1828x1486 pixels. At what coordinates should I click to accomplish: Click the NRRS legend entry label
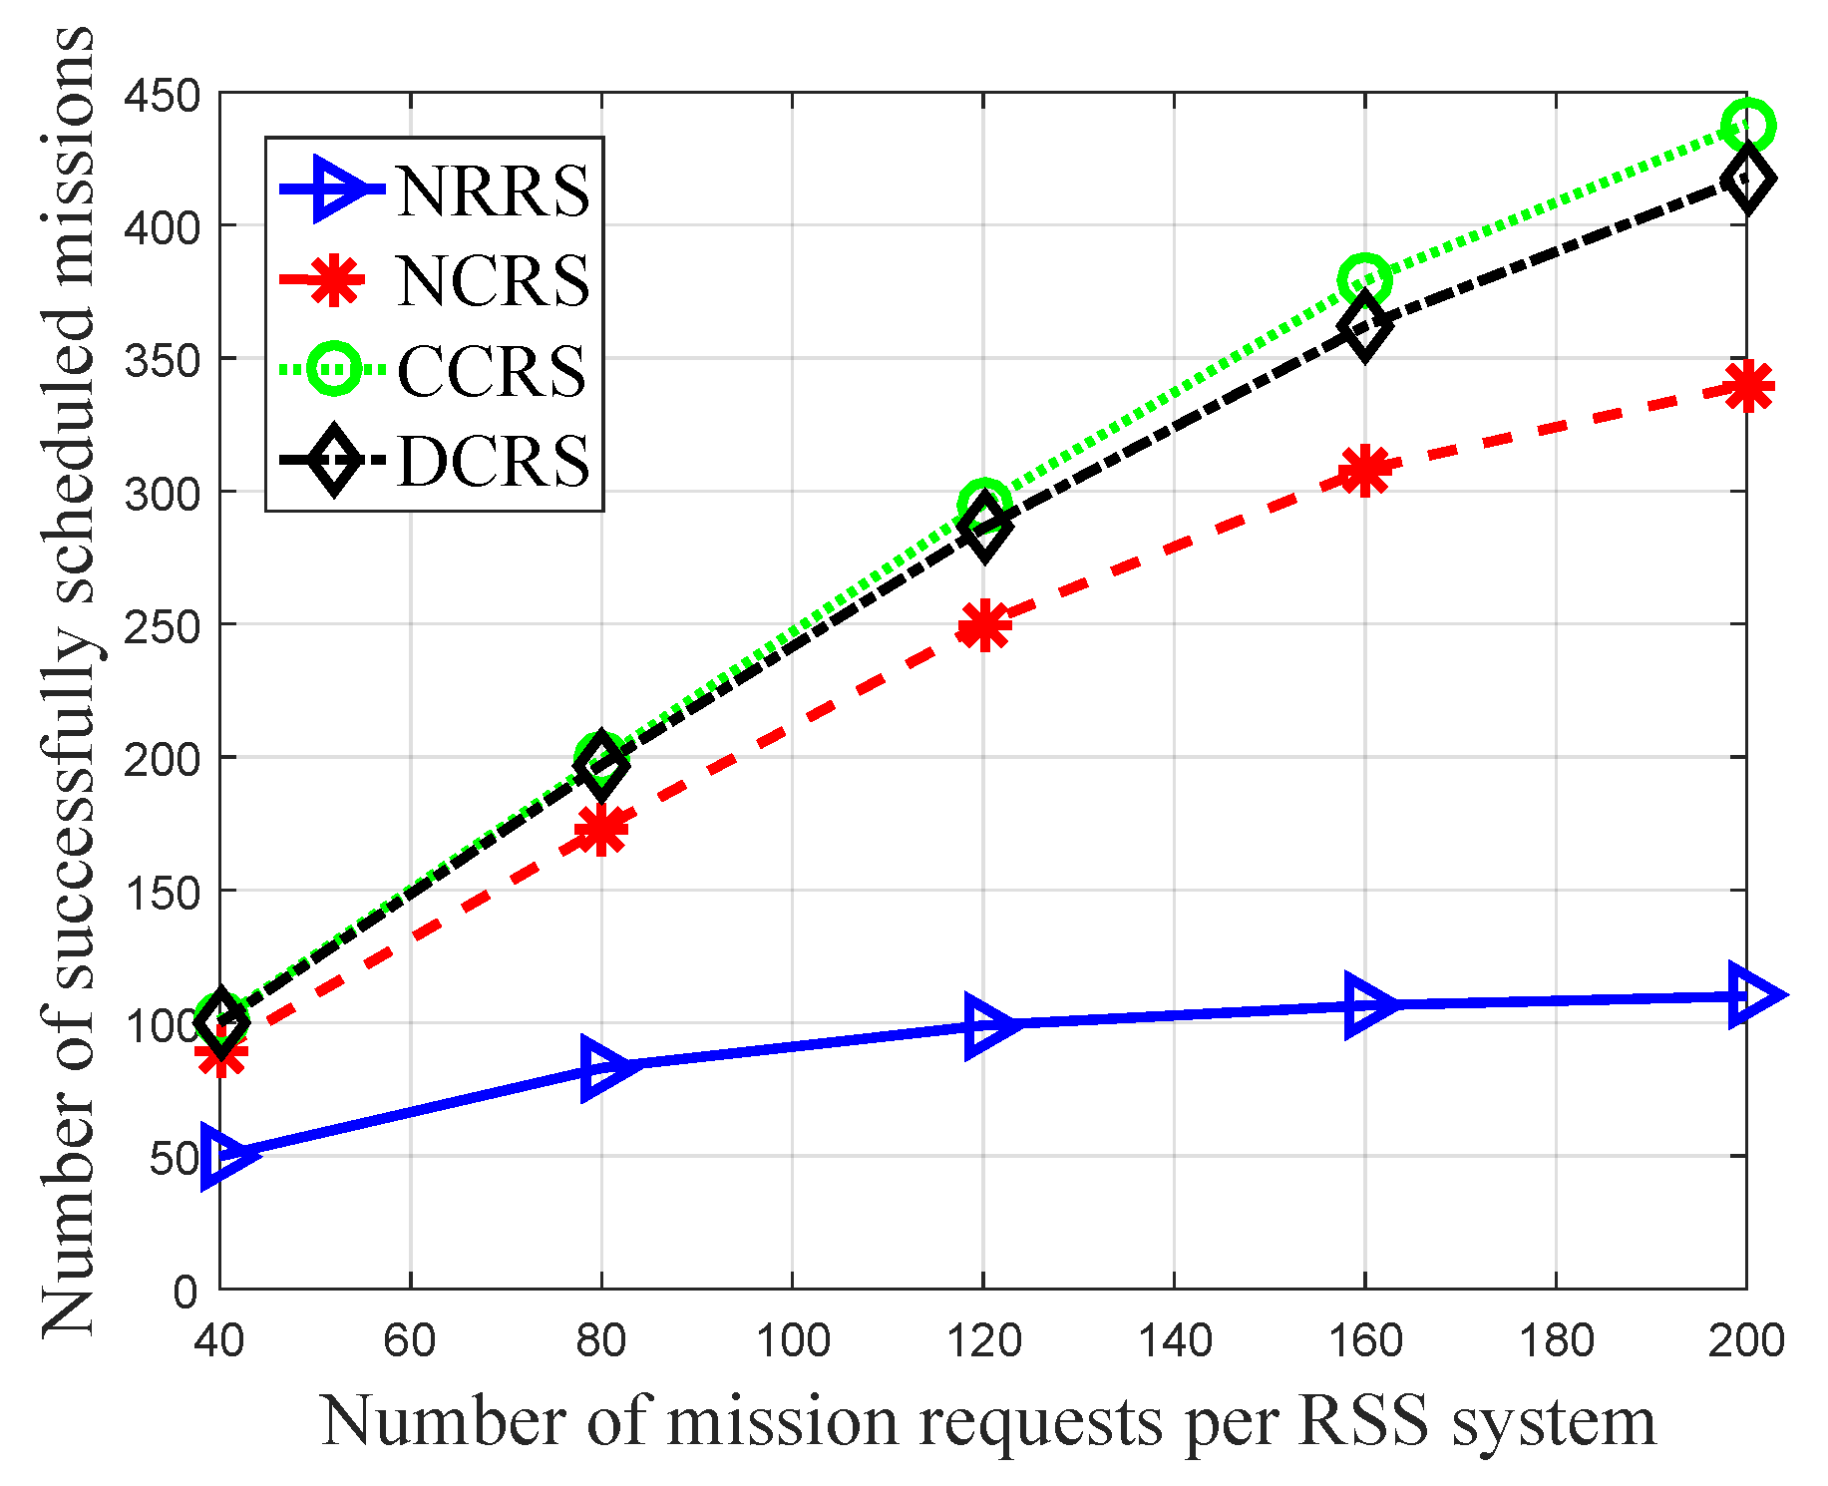[x=493, y=189]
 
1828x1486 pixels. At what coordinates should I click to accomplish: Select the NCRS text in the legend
[x=493, y=280]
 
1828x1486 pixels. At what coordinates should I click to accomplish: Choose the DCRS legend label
[x=493, y=461]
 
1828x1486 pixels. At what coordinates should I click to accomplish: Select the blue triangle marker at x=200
[x=1750, y=995]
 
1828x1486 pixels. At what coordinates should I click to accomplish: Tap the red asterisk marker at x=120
[x=984, y=626]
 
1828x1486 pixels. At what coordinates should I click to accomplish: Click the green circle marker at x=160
[x=1365, y=279]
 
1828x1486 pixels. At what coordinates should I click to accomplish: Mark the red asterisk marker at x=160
[x=1365, y=470]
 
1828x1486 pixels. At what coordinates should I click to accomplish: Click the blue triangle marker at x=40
[x=221, y=1155]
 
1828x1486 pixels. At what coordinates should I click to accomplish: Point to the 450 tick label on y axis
[x=161, y=96]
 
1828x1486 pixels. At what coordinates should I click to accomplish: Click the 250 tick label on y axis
[x=161, y=626]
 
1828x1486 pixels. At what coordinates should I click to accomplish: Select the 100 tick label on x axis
[x=792, y=1341]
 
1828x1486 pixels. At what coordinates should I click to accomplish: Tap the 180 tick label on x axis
[x=1556, y=1341]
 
